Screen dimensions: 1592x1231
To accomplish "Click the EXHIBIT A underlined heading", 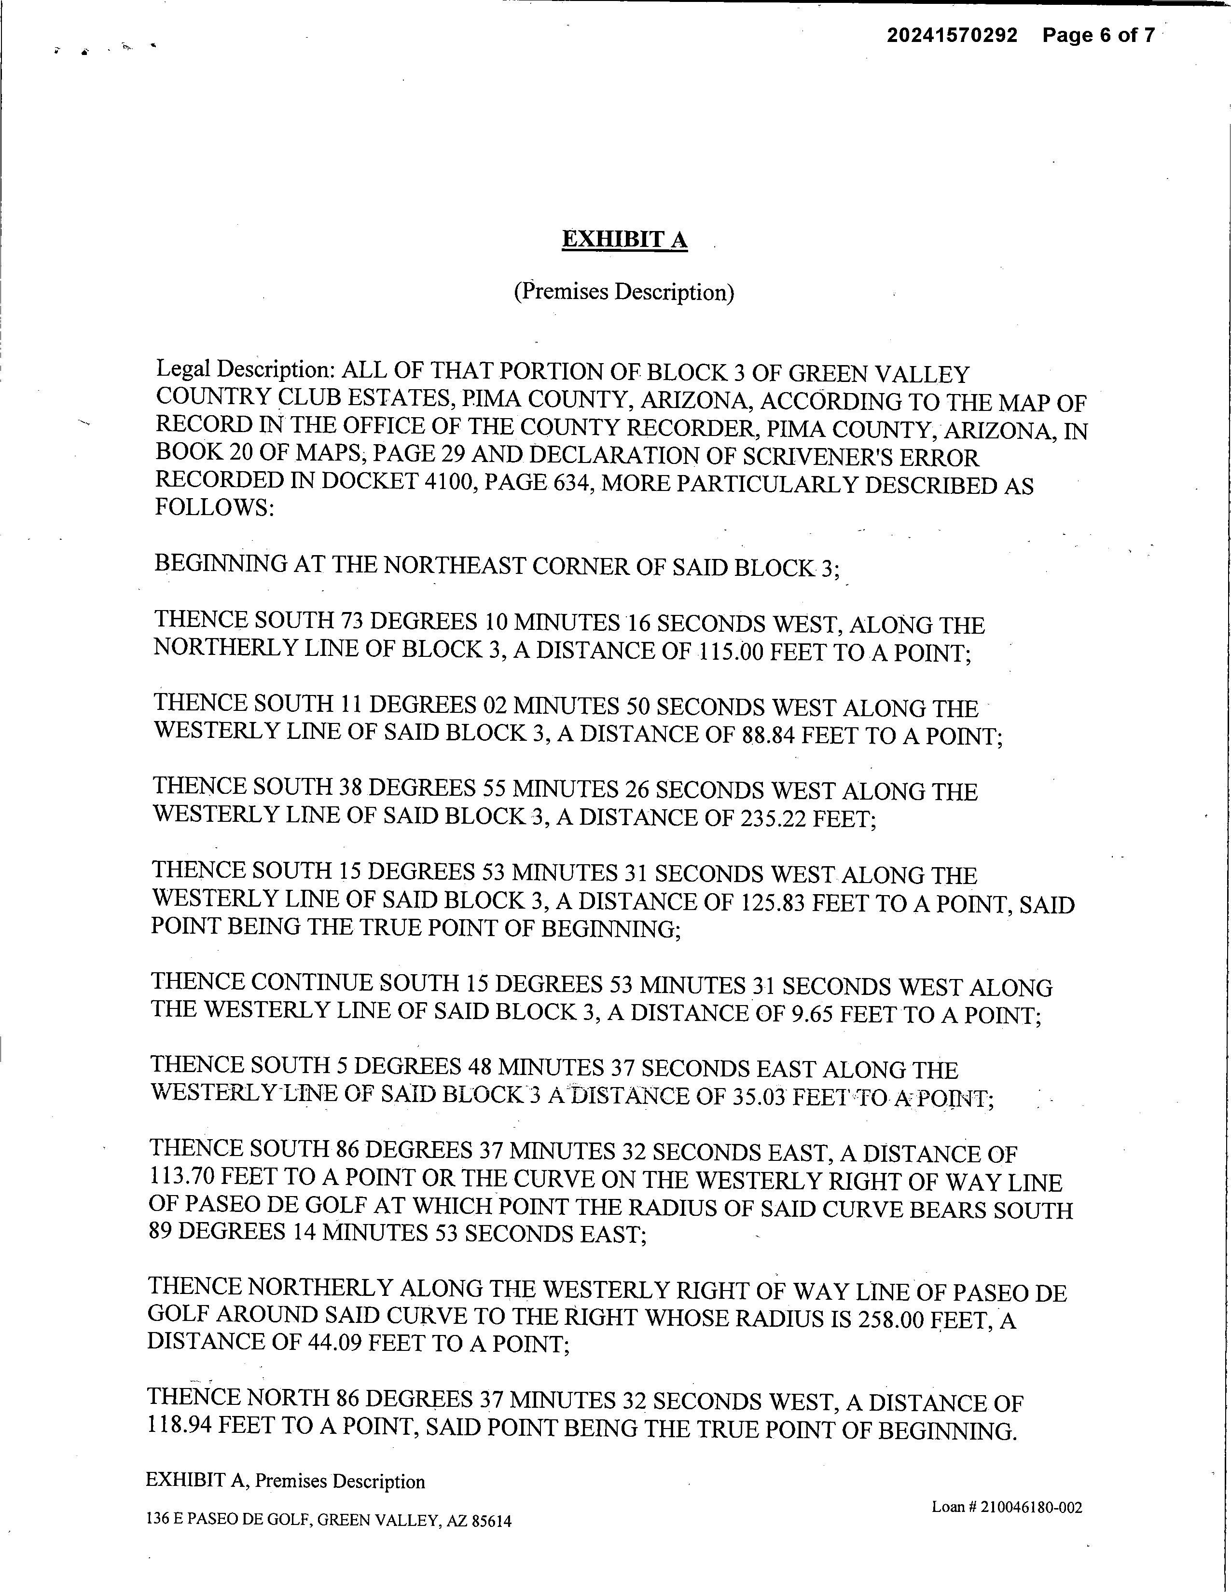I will coord(624,240).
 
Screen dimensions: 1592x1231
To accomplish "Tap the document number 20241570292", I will coord(952,35).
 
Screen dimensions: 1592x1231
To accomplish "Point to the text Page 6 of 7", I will coord(1098,35).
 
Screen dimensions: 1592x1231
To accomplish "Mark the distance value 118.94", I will coord(180,1427).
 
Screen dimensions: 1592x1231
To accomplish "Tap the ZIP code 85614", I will coord(492,1521).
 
